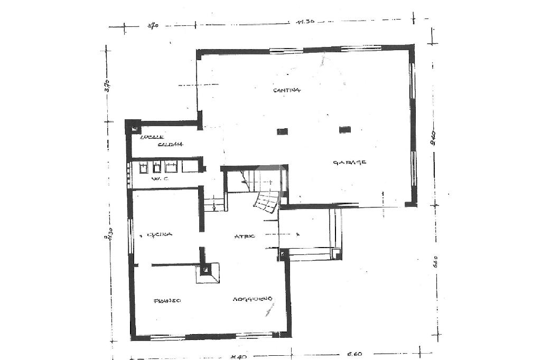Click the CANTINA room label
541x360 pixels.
click(x=287, y=90)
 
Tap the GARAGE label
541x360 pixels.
click(x=350, y=162)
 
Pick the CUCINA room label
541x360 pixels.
click(x=160, y=234)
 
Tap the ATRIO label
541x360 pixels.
click(x=245, y=236)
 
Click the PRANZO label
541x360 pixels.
click(x=167, y=300)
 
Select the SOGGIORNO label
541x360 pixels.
click(x=253, y=300)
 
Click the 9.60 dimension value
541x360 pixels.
click(x=433, y=138)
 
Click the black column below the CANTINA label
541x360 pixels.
click(x=283, y=131)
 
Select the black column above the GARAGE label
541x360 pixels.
click(x=345, y=129)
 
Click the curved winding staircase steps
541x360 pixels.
click(x=267, y=202)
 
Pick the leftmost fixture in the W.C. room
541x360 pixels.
click(x=144, y=168)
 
